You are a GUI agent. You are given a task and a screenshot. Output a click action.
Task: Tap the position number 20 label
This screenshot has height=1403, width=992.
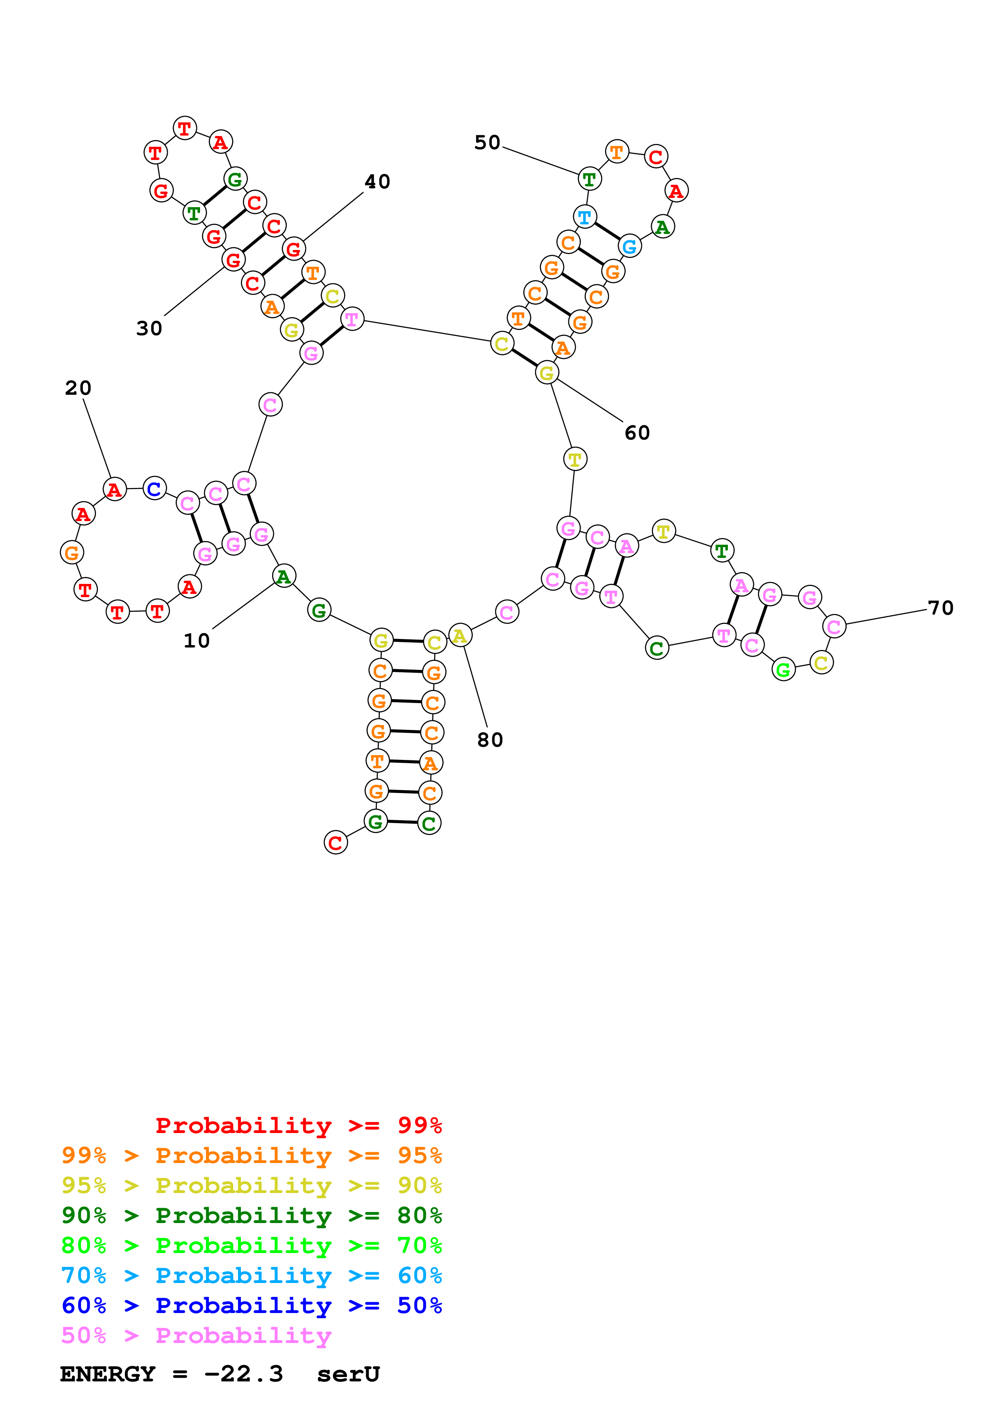[78, 388]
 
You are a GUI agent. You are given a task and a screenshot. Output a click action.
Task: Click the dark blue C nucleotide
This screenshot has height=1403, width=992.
[154, 488]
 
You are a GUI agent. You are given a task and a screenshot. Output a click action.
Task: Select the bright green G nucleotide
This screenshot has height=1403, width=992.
[783, 670]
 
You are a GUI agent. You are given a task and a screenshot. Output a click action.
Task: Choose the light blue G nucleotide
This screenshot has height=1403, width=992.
[629, 246]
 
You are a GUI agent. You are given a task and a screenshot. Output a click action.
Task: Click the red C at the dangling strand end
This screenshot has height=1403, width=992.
[336, 843]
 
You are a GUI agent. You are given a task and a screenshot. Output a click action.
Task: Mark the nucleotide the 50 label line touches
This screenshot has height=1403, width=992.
[589, 179]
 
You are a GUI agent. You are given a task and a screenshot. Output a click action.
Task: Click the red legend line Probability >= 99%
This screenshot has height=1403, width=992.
[298, 1125]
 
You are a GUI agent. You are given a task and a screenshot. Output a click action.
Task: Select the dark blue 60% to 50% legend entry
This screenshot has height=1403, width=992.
[251, 1305]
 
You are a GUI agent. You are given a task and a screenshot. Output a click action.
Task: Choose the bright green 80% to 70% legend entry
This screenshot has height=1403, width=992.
[251, 1245]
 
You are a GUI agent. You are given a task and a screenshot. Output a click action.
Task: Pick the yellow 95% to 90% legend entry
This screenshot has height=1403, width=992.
[251, 1185]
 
